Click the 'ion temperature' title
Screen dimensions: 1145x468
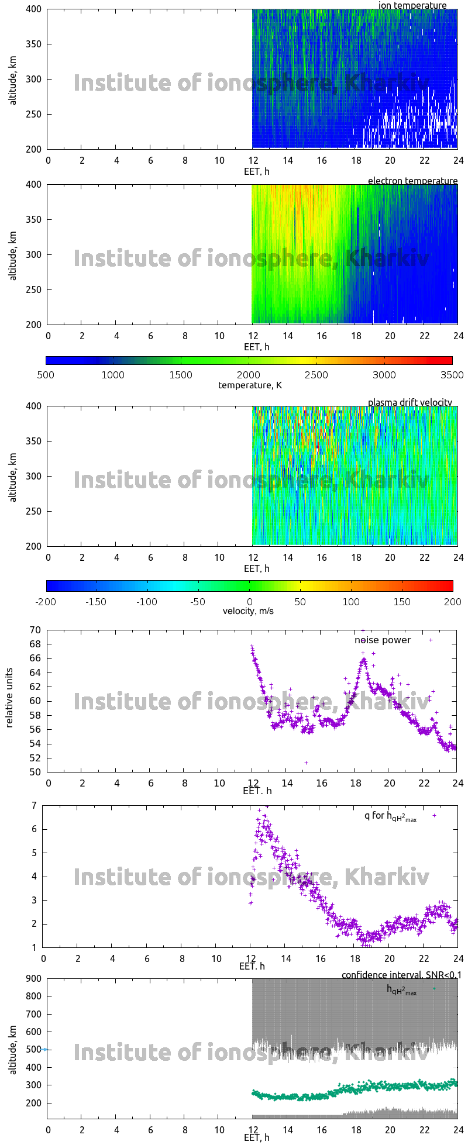[412, 5]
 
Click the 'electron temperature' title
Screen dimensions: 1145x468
[412, 181]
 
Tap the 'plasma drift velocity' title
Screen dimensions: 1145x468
[409, 402]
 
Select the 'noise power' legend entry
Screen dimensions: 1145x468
[383, 640]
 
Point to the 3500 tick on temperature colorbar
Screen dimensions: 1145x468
[452, 375]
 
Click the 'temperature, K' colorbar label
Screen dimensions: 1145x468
[250, 385]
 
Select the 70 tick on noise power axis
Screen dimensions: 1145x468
[35, 630]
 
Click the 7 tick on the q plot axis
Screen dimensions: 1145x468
[35, 805]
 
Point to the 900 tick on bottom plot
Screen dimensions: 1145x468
[33, 979]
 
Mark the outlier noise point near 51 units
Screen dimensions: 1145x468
[306, 763]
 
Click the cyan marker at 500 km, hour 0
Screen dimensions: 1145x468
[44, 1049]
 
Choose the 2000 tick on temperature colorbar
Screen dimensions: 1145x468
[249, 375]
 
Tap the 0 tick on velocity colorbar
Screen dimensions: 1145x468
[249, 601]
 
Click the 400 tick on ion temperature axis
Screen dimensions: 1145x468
[33, 9]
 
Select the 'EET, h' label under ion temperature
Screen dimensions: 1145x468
[256, 171]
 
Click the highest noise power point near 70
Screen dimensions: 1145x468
[363, 630]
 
